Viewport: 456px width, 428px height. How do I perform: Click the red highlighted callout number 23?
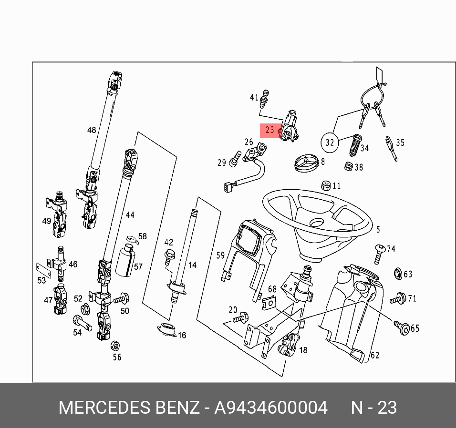[270, 130]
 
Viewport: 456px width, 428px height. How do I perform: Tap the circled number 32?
[330, 142]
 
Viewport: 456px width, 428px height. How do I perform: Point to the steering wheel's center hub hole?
[317, 223]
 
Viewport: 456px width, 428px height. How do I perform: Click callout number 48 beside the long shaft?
[92, 130]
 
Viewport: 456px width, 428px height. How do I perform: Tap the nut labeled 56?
[114, 345]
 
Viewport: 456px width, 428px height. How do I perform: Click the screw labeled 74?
[379, 253]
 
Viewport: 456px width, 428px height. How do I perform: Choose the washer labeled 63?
[396, 274]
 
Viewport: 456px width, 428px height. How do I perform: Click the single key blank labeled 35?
[391, 148]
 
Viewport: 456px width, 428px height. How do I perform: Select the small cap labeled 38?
[349, 167]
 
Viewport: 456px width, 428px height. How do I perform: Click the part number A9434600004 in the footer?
[271, 408]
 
